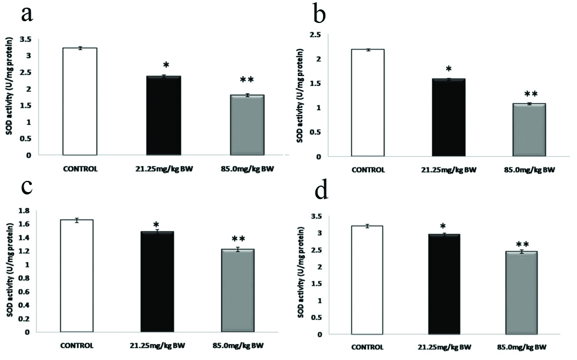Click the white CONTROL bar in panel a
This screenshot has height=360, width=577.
(80, 101)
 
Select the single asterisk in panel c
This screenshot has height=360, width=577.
(156, 225)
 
